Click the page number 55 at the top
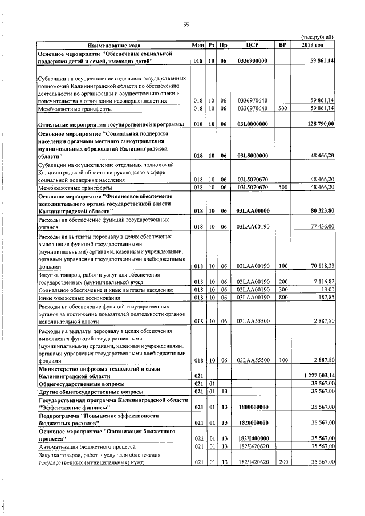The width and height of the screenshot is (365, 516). [185, 24]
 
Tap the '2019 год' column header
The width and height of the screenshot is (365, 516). [312, 45]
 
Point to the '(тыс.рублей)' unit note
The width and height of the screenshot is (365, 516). [317, 38]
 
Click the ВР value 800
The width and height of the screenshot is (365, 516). [281, 297]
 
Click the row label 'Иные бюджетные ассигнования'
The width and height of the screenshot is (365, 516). [80, 297]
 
